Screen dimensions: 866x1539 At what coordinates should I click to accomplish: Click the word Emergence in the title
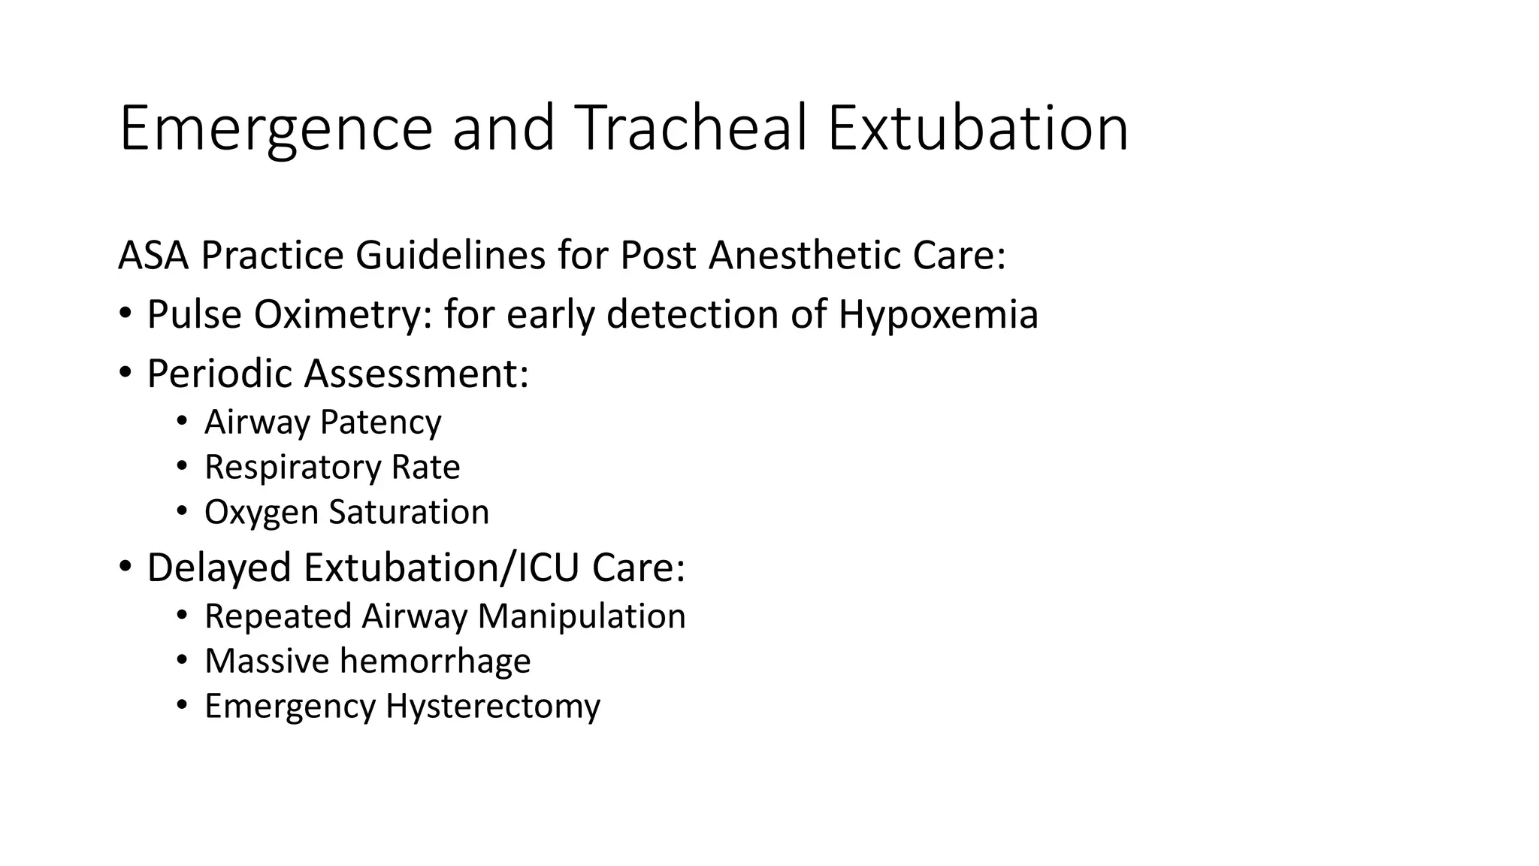[276, 129]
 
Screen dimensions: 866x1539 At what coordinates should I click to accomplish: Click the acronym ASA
[153, 256]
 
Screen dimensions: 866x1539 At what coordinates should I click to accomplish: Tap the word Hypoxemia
[938, 314]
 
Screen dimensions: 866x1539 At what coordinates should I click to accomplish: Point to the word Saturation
[409, 512]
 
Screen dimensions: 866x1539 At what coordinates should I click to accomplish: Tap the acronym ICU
[549, 568]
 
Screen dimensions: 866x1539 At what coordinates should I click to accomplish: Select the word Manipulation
[582, 616]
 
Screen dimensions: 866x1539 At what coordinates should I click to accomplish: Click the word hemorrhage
[435, 662]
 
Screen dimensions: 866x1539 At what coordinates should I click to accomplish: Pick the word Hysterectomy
[493, 707]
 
